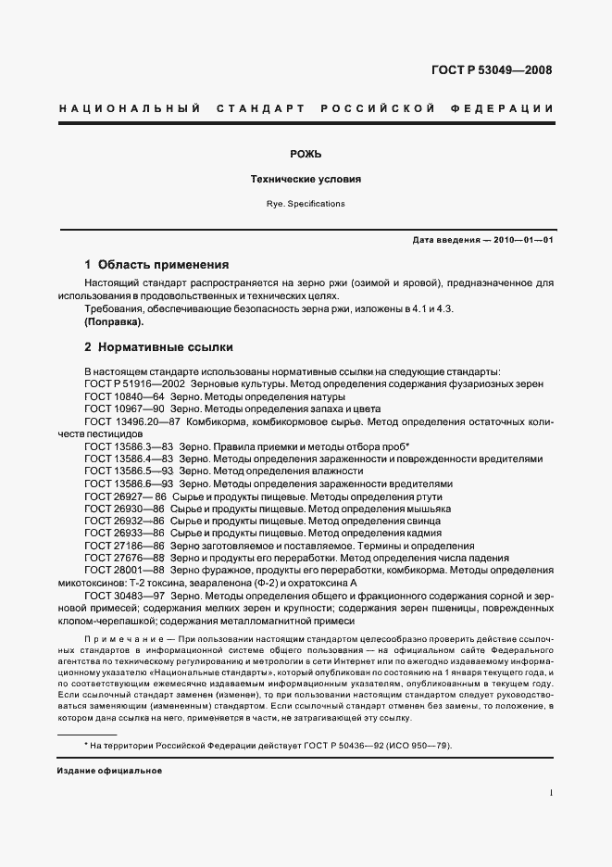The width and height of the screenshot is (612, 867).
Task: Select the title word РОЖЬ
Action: [x=306, y=154]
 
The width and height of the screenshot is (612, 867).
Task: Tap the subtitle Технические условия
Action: [x=306, y=179]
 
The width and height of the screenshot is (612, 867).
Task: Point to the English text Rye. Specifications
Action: [x=306, y=203]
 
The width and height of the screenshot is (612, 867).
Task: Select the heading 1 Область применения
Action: [x=156, y=264]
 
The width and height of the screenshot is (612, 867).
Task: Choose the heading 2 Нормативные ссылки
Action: [x=158, y=347]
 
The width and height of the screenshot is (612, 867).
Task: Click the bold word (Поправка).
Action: [x=114, y=321]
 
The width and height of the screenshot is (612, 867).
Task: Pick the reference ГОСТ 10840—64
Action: [x=124, y=396]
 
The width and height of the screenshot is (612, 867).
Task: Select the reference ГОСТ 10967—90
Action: [x=124, y=408]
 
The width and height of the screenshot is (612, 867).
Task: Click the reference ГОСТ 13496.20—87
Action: [x=131, y=421]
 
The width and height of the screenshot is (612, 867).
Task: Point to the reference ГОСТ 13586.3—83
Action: [x=129, y=446]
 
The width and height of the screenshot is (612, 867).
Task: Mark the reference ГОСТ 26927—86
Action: [x=125, y=496]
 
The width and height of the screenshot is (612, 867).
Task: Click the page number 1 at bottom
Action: [x=551, y=793]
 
